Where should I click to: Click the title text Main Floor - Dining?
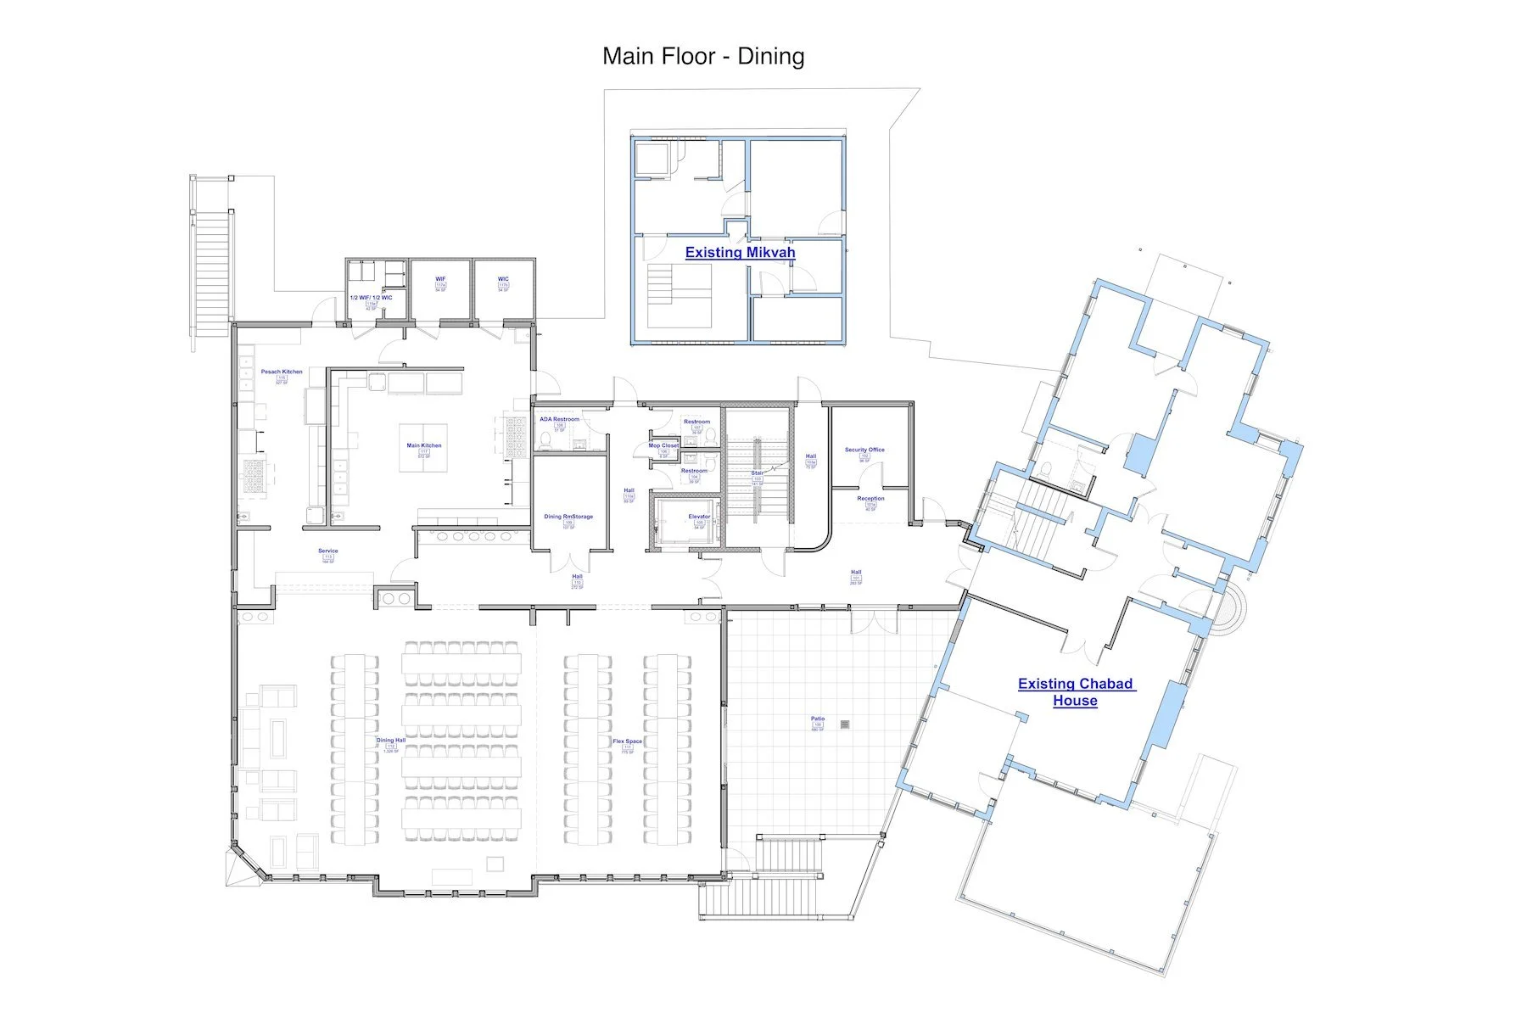coord(703,56)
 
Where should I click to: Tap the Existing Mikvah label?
coord(740,252)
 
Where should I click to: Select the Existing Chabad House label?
coord(1075,691)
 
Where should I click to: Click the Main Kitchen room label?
coord(424,445)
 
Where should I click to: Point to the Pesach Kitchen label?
coord(282,372)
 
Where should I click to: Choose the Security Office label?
coord(864,450)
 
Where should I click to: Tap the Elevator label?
coord(699,517)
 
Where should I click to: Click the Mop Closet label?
coord(663,445)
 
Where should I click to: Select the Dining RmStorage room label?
coord(568,517)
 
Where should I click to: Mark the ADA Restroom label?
coord(559,419)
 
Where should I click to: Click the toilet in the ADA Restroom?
coord(544,439)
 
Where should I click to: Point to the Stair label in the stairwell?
coord(757,473)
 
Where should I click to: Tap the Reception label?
coord(870,499)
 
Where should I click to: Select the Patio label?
coord(817,719)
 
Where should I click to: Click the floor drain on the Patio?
coord(845,724)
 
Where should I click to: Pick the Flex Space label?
coord(628,741)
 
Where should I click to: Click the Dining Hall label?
coord(391,741)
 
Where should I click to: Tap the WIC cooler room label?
coord(503,279)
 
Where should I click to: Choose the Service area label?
coord(328,551)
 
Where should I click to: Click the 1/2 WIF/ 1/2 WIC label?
coord(371,298)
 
